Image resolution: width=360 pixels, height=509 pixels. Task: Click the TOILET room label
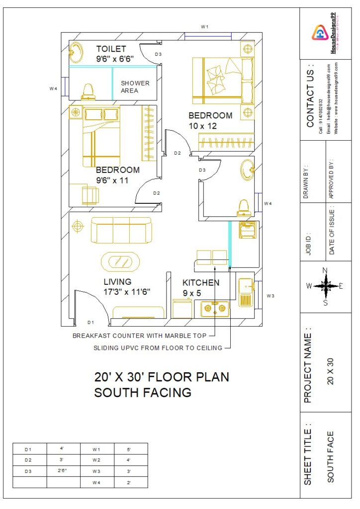point(111,49)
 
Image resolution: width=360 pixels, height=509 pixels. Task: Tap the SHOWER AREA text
point(135,86)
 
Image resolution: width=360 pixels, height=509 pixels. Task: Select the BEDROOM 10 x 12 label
point(210,121)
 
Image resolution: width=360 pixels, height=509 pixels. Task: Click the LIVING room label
point(117,282)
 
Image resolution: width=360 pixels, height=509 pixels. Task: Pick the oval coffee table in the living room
point(120,261)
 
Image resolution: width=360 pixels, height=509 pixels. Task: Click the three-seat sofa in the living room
point(121,231)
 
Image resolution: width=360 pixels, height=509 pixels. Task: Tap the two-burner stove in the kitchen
point(215,309)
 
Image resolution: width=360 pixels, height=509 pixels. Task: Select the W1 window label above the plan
point(204,26)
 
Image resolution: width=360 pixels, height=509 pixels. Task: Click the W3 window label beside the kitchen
point(270,296)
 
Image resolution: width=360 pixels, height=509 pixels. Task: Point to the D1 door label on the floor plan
point(91,322)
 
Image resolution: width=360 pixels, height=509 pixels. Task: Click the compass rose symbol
point(325,286)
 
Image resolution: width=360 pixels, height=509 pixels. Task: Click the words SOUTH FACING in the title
point(143,393)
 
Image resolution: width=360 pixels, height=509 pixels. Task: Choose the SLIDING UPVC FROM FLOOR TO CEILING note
point(158,348)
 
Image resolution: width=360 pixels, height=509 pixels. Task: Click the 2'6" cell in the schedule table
point(63,469)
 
